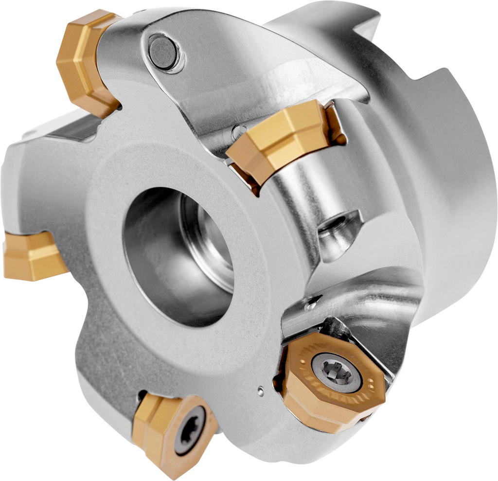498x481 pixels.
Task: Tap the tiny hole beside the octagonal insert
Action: click(x=261, y=389)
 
